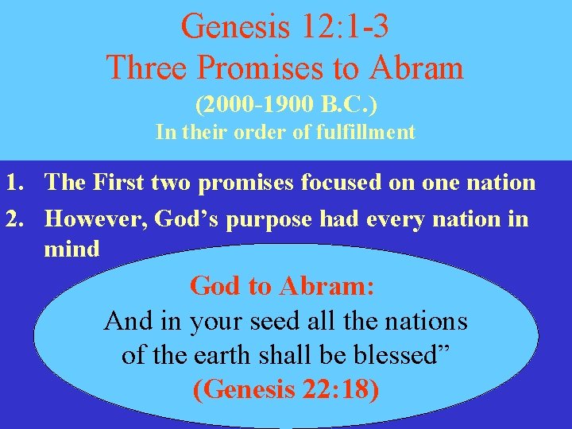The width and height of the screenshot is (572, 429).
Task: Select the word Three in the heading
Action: pyautogui.click(x=146, y=68)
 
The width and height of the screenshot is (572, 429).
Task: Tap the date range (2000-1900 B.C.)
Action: pyautogui.click(x=285, y=105)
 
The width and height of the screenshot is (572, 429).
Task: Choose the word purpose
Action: pyautogui.click(x=273, y=218)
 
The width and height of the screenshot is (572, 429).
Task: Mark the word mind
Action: pyautogui.click(x=72, y=249)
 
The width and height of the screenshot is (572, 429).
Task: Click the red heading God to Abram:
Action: pyautogui.click(x=283, y=286)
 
